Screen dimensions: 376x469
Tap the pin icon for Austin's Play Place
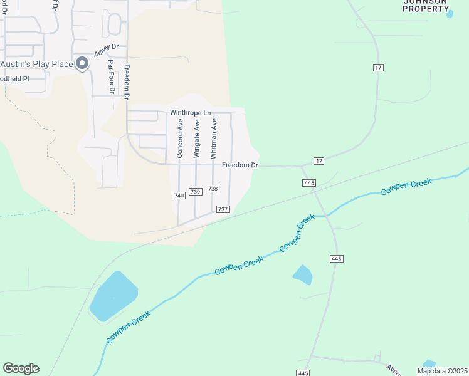[x=82, y=64]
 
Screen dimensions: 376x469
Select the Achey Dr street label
[x=106, y=50]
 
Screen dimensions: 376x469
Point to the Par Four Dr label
[x=112, y=77]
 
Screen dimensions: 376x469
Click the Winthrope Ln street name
[x=190, y=113]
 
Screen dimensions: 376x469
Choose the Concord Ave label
[x=180, y=138]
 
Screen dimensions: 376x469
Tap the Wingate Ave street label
[x=197, y=138]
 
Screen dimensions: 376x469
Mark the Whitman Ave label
[x=214, y=138]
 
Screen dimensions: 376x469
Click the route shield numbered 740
[x=179, y=196]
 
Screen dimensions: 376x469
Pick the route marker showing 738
[x=213, y=189]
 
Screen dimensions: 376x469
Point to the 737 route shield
[x=223, y=209]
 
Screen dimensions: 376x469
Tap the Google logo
[x=21, y=368]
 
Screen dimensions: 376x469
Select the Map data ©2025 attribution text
[x=442, y=371]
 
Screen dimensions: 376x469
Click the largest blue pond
[x=113, y=296]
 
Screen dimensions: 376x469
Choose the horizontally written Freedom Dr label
[x=240, y=165]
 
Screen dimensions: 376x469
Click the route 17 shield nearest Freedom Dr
[x=319, y=161]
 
